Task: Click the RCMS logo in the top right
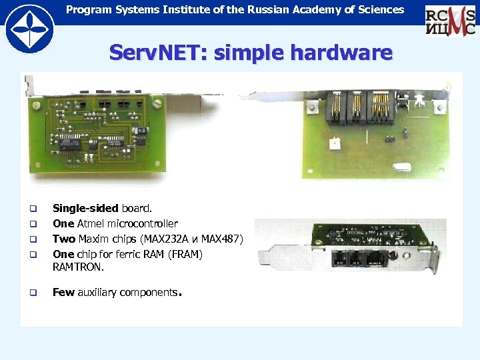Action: coord(451,21)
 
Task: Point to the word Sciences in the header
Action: coord(380,9)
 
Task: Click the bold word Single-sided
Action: coord(85,209)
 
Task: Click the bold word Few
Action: coord(63,293)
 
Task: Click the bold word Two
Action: coord(64,239)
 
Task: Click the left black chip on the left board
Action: coord(69,141)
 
